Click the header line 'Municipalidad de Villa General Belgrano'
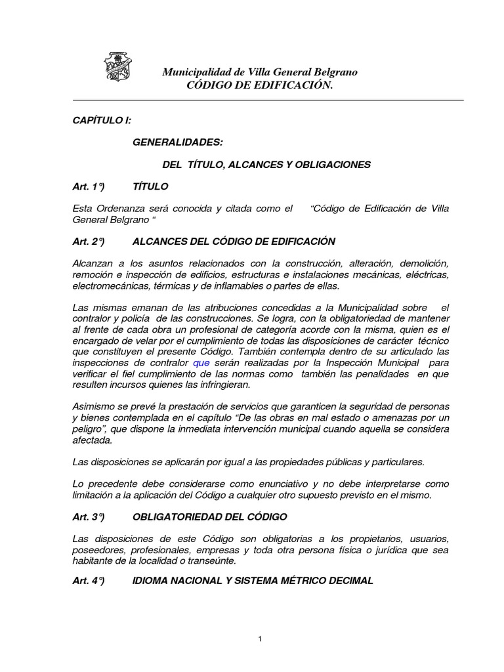pos(259,72)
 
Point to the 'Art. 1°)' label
pos(89,186)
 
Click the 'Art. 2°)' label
pos(89,241)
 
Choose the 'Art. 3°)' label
pos(89,517)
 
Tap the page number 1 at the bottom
pos(260,639)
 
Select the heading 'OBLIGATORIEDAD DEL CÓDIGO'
pos(209,517)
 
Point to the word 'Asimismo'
pos(93,406)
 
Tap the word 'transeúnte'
pos(211,561)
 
